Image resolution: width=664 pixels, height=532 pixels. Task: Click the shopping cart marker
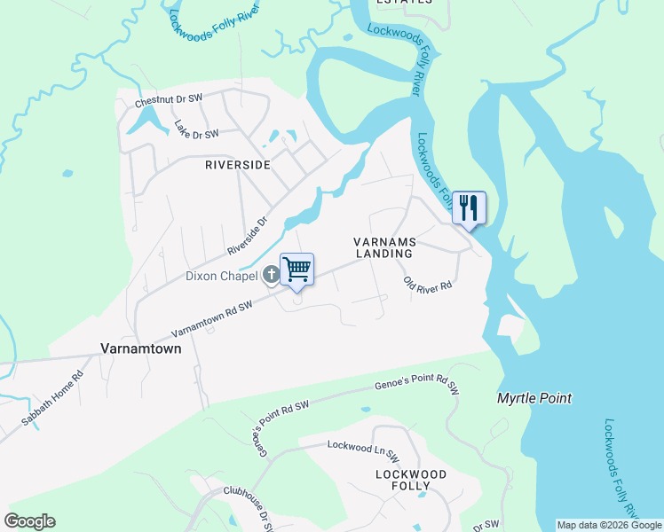coord(297,269)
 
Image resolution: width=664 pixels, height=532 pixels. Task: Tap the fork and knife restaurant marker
coord(468,207)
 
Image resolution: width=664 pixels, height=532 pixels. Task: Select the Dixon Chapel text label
coord(222,276)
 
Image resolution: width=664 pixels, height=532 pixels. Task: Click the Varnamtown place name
coord(141,348)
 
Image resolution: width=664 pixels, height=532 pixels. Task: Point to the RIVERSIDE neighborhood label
coord(238,164)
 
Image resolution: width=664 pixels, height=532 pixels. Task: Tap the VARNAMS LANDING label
coord(384,247)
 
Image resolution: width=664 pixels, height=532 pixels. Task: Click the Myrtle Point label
coord(534,399)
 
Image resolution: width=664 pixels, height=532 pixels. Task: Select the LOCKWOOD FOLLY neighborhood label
coord(412,480)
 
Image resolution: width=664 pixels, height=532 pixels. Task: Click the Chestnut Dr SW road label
coord(169,100)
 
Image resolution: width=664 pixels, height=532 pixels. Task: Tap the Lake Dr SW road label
coord(196,130)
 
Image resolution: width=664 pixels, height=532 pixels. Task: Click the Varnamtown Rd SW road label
coord(212,317)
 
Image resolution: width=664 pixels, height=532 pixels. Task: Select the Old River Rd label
coord(428,286)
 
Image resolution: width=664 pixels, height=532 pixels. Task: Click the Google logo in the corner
coord(29,521)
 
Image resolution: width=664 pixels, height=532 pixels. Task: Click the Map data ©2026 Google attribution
coord(609,525)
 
